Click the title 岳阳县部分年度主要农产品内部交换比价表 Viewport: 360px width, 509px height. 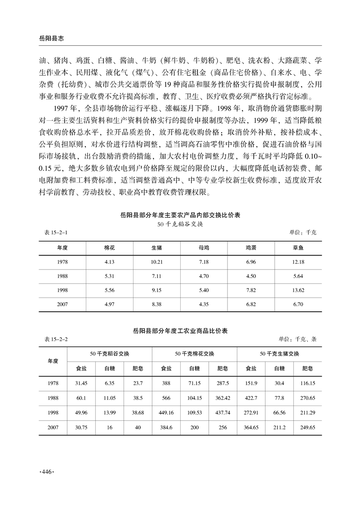[x=180, y=215]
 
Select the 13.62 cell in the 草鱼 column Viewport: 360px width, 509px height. [x=298, y=290]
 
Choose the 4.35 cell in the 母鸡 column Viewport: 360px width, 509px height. [x=204, y=303]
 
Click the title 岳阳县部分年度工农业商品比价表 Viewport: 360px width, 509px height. [x=180, y=331]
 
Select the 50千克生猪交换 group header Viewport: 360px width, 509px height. [x=279, y=354]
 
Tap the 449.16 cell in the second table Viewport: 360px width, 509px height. [x=168, y=412]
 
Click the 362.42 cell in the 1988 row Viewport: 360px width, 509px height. [x=222, y=398]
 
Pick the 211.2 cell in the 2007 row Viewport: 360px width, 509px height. [x=279, y=427]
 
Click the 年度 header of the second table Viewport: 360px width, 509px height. [x=54, y=361]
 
